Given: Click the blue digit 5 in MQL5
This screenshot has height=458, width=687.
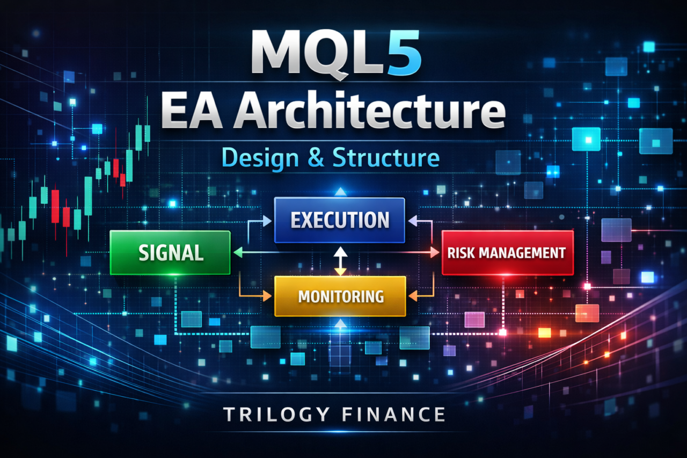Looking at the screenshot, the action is [x=405, y=52].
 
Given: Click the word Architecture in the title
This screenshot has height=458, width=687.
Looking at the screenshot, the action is [x=369, y=111].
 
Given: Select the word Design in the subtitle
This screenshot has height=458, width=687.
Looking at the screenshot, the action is [x=260, y=158].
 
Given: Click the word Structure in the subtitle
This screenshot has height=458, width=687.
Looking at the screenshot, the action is [x=386, y=157].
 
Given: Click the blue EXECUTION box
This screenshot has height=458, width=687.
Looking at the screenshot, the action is [x=340, y=220].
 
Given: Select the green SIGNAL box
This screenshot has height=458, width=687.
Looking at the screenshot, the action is [x=170, y=252].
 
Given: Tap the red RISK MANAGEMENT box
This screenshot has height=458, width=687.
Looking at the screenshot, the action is [x=508, y=252].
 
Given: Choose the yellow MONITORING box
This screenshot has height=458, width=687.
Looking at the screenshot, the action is [x=340, y=296].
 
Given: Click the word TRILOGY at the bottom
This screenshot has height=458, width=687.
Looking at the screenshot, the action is [x=276, y=415].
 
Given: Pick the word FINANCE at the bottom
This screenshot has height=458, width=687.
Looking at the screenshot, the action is [x=393, y=415].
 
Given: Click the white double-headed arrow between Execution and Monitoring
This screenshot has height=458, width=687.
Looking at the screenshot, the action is [x=340, y=261].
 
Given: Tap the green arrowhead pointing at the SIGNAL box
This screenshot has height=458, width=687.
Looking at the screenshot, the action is [x=238, y=252].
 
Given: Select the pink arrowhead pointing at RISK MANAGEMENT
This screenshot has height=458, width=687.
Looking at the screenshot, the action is [x=435, y=252].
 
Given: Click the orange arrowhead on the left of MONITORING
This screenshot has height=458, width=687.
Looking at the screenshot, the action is [x=267, y=296].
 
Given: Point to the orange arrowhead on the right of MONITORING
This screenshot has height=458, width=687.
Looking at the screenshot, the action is [x=413, y=296].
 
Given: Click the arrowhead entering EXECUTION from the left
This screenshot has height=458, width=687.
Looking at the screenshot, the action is [x=267, y=221].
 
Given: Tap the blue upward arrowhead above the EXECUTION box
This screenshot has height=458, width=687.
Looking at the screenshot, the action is [x=340, y=192].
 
